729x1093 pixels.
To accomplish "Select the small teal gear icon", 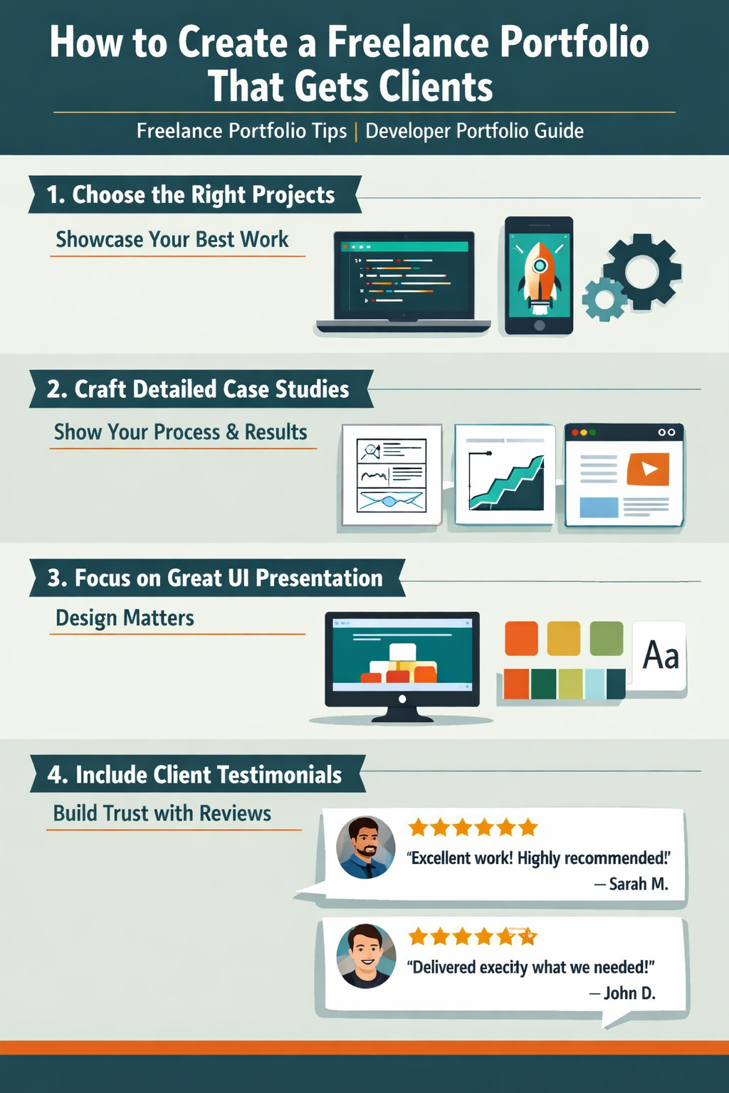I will click(604, 299).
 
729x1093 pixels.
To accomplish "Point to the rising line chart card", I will click(505, 475).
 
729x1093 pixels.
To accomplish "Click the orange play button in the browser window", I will click(648, 469).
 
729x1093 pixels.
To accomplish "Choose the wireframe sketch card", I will click(392, 475).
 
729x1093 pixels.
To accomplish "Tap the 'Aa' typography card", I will click(660, 655).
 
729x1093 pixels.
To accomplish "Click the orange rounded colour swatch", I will click(521, 638).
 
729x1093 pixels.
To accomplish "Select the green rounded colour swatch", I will click(606, 638).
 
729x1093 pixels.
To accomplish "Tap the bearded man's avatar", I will click(366, 847).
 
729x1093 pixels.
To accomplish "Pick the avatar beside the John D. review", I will click(366, 956).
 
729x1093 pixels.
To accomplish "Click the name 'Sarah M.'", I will click(639, 884).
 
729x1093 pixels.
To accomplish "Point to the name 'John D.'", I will click(629, 993).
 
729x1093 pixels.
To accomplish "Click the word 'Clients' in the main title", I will click(435, 87).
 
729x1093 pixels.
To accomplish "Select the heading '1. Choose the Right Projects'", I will click(191, 194).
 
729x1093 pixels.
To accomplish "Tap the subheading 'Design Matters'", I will click(125, 618).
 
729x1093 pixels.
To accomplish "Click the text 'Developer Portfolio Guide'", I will click(474, 131).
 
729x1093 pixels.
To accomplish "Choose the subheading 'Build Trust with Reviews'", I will click(162, 813).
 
